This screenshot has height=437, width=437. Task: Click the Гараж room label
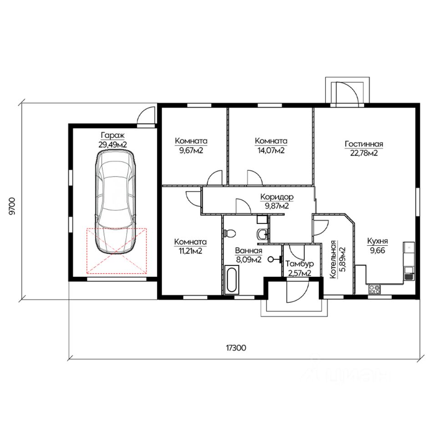pyautogui.click(x=112, y=136)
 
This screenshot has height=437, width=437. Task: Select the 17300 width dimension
pyautogui.click(x=236, y=348)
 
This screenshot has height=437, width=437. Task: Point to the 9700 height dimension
pyautogui.click(x=12, y=206)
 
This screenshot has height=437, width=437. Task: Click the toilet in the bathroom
pyautogui.click(x=230, y=233)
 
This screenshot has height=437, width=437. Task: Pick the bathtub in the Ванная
pyautogui.click(x=232, y=280)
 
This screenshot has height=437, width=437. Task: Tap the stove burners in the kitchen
pyautogui.click(x=374, y=289)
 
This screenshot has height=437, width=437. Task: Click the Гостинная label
pyautogui.click(x=364, y=144)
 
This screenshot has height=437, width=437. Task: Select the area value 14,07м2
pyautogui.click(x=271, y=151)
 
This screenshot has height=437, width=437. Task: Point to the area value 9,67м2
pyautogui.click(x=191, y=151)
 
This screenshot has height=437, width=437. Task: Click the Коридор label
pyautogui.click(x=277, y=197)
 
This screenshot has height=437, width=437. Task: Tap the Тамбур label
pyautogui.click(x=300, y=264)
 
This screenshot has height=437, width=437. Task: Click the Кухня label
pyautogui.click(x=377, y=241)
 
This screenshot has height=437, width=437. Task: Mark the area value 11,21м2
pyautogui.click(x=190, y=251)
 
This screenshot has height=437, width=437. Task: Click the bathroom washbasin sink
pyautogui.click(x=263, y=234)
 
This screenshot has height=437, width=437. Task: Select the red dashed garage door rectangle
pyautogui.click(x=117, y=251)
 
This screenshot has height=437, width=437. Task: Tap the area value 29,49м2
pyautogui.click(x=112, y=145)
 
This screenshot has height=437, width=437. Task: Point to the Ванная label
pyautogui.click(x=249, y=250)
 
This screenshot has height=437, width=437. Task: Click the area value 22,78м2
pyautogui.click(x=364, y=153)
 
